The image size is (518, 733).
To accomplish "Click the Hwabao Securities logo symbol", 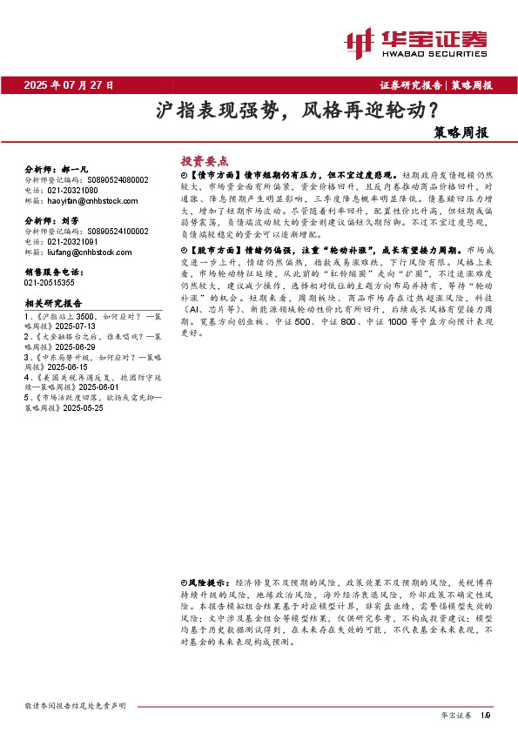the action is click(x=359, y=41).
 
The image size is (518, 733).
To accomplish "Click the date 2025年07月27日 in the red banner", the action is click(x=69, y=86).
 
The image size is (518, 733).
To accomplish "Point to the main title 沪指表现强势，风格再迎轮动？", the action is click(x=297, y=111).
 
